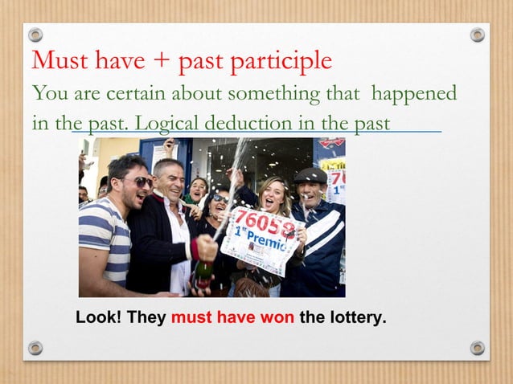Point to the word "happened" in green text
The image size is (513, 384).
413,93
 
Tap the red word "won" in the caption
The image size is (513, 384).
277,317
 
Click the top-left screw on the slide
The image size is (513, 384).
35,35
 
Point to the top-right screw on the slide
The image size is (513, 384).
478,35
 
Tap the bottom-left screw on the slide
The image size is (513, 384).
35,348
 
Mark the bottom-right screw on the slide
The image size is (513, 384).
478,348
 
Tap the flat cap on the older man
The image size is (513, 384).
310,175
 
